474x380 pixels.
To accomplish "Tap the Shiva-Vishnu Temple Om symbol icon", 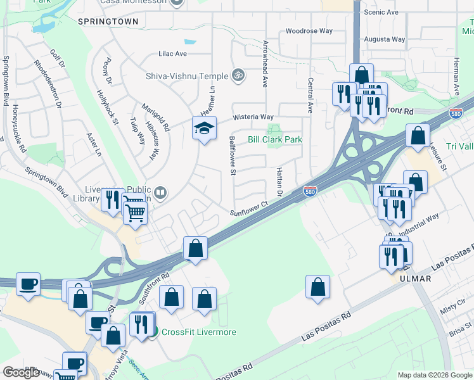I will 238,75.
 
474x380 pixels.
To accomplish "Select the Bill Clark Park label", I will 274,139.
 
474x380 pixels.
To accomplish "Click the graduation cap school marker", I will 204,129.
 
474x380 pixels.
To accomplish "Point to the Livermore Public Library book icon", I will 160,193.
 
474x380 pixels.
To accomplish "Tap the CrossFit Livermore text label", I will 199,332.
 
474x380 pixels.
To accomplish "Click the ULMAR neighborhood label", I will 415,279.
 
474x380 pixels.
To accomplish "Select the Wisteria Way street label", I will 253,117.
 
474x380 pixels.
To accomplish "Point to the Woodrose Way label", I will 309,30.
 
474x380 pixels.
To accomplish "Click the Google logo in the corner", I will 21,372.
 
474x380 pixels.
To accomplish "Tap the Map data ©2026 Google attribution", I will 434,375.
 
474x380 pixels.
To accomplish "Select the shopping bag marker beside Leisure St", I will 418,136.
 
